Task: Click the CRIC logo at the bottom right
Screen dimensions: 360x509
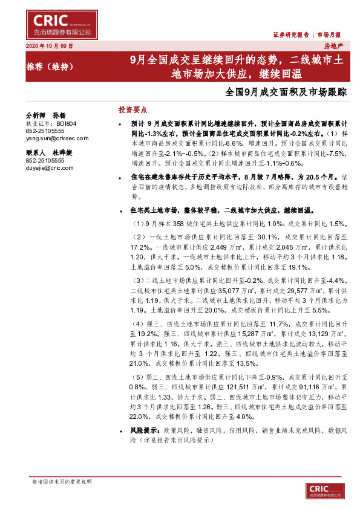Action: tap(326, 491)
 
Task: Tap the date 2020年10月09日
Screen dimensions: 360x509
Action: tap(50, 46)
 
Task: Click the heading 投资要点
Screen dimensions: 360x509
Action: tap(133, 110)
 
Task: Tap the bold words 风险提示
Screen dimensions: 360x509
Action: tap(144, 430)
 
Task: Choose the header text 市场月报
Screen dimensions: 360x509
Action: tap(331, 34)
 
